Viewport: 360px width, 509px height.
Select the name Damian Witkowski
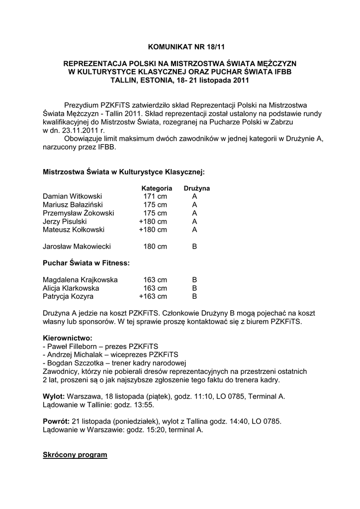(72, 196)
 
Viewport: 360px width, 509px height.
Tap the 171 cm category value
(155, 196)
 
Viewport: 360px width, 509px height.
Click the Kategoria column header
(157, 188)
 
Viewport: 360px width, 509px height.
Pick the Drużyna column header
(196, 188)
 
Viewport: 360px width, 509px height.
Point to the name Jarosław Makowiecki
(77, 246)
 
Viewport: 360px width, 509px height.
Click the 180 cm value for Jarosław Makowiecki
(155, 246)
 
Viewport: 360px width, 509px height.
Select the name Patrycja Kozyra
(68, 297)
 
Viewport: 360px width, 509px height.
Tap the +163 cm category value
(153, 297)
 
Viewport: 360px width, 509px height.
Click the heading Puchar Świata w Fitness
(86, 263)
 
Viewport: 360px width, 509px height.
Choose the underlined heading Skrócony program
(75, 455)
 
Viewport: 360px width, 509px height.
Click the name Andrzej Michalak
(74, 354)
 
